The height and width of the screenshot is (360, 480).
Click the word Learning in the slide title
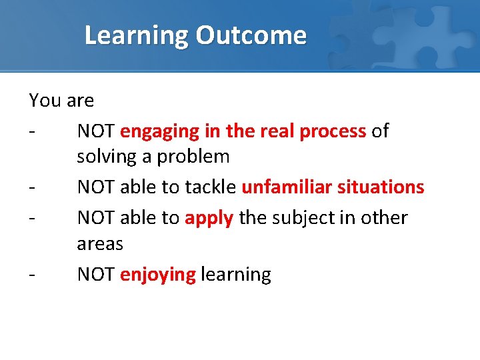point(137,35)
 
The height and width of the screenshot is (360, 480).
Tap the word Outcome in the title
point(251,35)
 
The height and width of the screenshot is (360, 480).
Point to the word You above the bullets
point(45,101)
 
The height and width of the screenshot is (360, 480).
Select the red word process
point(333,132)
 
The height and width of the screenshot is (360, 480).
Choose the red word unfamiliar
point(287,187)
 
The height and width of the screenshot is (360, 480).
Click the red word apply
point(209,219)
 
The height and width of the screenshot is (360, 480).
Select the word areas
point(100,244)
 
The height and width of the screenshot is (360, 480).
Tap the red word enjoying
point(158,275)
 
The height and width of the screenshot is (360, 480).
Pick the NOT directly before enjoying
point(96,275)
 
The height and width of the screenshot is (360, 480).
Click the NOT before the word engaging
point(96,131)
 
